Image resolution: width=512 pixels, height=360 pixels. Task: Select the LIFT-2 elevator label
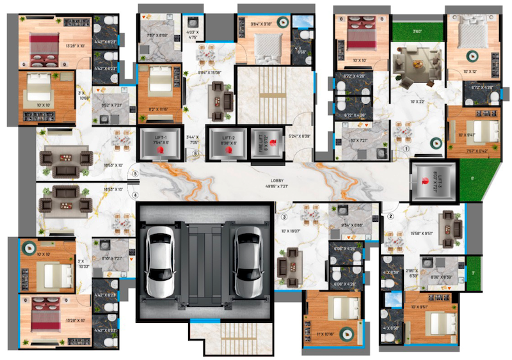pyautogui.click(x=229, y=137)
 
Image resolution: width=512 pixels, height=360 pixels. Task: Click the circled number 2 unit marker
pyautogui.click(x=390, y=216)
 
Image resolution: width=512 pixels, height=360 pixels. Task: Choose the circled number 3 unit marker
pyautogui.click(x=284, y=216)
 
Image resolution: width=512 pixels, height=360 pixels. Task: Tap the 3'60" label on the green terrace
pyautogui.click(x=417, y=31)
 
